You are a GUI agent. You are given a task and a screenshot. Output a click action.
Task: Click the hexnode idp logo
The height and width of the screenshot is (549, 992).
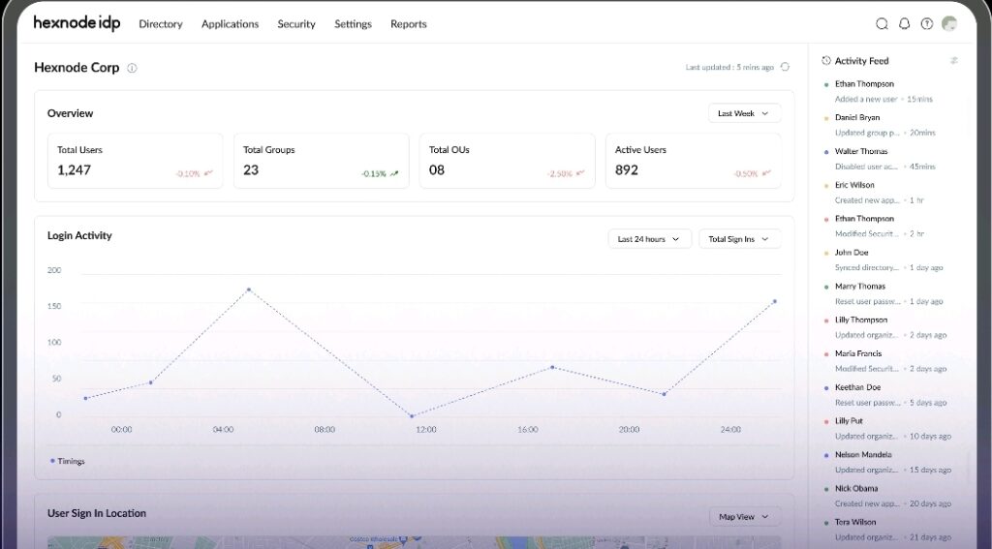[77, 23]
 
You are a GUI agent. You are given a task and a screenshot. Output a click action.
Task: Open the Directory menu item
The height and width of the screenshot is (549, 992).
[161, 24]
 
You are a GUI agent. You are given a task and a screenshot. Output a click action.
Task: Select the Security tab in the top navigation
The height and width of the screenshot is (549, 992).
[296, 24]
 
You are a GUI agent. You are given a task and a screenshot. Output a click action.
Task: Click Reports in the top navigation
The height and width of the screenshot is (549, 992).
[408, 24]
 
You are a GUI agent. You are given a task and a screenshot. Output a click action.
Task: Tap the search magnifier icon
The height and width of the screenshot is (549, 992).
[882, 24]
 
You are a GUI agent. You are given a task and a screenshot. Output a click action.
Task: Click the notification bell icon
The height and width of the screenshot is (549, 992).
[905, 24]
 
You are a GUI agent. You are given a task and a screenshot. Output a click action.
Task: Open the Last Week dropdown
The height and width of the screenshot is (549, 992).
[744, 113]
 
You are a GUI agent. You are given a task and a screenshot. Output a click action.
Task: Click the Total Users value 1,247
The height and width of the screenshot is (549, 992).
[74, 170]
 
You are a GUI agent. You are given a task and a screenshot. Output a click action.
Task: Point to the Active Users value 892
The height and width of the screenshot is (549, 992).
[627, 170]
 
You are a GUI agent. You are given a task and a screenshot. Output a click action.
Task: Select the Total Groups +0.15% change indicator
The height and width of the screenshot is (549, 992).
[379, 174]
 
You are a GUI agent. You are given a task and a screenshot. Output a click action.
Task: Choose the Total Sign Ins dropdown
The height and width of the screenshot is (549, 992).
[739, 239]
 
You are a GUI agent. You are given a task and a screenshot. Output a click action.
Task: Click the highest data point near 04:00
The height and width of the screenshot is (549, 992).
[249, 290]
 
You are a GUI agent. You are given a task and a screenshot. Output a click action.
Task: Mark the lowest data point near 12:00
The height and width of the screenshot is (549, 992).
[412, 416]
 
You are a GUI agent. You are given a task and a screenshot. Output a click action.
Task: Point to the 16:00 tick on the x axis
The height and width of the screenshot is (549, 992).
[527, 429]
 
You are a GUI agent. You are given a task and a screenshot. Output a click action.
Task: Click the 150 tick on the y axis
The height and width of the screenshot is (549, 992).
[54, 306]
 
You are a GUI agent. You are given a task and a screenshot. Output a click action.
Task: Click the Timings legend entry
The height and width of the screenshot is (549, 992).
[68, 461]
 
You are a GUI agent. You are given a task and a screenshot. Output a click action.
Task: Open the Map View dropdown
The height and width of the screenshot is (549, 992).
[744, 517]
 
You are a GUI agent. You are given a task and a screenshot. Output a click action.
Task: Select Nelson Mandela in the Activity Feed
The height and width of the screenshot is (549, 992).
[863, 455]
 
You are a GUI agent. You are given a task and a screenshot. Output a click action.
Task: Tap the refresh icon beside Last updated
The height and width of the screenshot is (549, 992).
[785, 67]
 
